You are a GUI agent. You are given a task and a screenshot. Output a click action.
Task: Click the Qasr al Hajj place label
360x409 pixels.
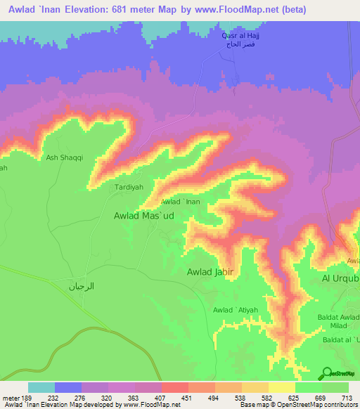tap(237, 34)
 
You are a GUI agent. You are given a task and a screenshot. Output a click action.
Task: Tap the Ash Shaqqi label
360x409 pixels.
tap(65, 158)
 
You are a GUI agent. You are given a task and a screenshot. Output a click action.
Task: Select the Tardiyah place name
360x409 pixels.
tap(129, 188)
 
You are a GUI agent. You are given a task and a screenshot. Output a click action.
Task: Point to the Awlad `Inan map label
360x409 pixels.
tap(181, 202)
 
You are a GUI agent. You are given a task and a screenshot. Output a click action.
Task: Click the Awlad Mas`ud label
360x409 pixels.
tap(144, 217)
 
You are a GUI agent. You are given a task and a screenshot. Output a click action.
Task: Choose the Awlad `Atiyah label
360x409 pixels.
tap(236, 310)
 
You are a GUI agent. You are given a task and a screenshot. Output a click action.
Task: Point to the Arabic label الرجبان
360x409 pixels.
tap(81, 286)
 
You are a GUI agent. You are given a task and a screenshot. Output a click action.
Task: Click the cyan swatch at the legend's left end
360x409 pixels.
tap(41, 387)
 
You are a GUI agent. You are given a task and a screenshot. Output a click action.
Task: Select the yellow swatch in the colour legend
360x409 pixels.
tap(281, 387)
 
